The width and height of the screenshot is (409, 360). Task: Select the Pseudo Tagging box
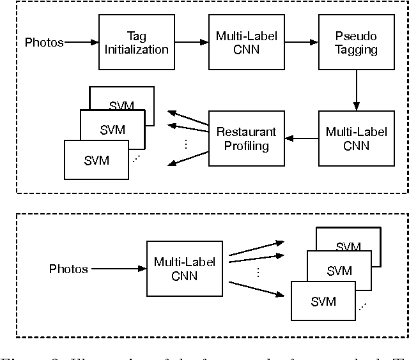[x=347, y=42]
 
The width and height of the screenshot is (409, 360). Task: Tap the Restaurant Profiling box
[x=236, y=139]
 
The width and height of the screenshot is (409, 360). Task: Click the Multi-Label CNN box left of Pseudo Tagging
[x=236, y=42]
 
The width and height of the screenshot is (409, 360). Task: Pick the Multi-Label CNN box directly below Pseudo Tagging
[x=347, y=139]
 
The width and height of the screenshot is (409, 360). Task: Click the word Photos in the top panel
[x=44, y=43]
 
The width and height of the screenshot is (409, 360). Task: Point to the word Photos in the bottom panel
[x=68, y=269]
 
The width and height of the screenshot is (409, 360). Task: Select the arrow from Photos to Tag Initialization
[x=81, y=43]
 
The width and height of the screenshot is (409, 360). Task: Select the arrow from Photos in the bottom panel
[x=118, y=269]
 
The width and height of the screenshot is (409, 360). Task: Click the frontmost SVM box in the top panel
[x=97, y=160]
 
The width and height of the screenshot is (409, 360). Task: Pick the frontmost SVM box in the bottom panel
[x=323, y=301]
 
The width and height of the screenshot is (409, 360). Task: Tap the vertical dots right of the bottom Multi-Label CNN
[x=258, y=272]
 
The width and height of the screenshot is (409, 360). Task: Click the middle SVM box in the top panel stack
[x=112, y=130]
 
